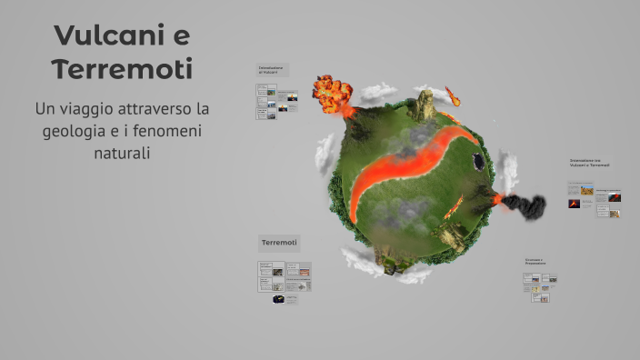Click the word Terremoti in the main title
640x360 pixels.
[x=122, y=69]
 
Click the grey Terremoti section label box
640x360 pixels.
[x=280, y=243]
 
